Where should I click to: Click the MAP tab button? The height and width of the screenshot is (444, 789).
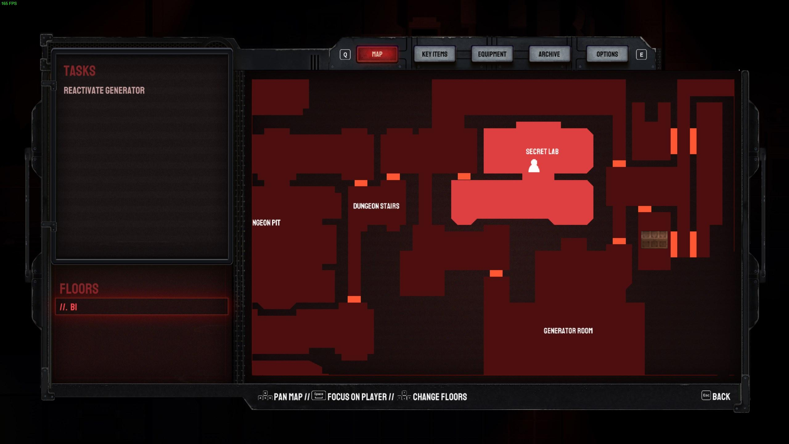point(377,54)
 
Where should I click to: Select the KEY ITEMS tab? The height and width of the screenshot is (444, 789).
point(435,54)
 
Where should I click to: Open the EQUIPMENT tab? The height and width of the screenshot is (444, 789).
point(492,54)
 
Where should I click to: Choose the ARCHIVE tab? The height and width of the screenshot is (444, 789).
point(549,54)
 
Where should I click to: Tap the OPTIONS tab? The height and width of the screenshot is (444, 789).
point(607,54)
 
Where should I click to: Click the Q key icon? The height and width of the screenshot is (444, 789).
point(345,55)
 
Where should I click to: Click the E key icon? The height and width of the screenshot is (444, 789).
point(641,55)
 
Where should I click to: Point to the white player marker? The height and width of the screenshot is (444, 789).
point(534,166)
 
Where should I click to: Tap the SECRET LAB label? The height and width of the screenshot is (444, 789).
point(542,151)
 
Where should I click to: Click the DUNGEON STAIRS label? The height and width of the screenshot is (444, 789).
point(376,206)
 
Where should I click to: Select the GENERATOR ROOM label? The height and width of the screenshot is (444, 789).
point(568,331)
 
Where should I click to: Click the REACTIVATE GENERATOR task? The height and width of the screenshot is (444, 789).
point(104,90)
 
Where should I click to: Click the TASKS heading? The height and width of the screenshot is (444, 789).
point(80,71)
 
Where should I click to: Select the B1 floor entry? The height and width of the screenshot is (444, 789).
point(141,307)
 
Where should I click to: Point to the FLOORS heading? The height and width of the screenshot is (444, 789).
point(79,289)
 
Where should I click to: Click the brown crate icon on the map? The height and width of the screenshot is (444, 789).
point(654,240)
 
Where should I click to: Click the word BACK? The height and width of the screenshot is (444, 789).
point(721,397)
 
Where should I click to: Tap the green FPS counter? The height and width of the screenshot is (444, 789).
point(9,3)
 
